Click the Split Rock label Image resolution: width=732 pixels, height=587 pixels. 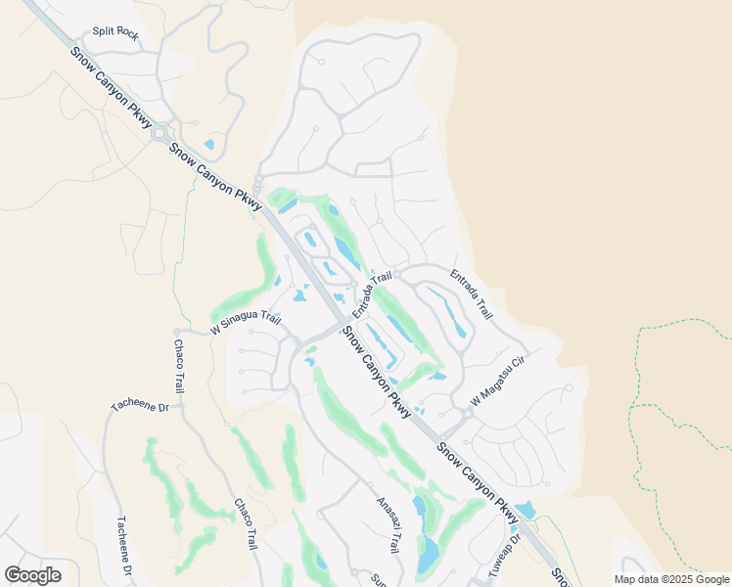115,31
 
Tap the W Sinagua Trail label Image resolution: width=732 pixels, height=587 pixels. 245,320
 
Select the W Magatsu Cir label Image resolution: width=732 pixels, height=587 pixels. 499,382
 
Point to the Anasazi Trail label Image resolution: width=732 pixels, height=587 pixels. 389,526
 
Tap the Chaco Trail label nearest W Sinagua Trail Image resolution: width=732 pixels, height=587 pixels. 179,365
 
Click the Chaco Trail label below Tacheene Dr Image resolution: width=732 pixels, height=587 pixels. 243,523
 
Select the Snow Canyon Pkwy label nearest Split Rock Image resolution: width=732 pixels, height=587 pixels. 112,86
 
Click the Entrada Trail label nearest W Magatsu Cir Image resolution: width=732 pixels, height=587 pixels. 471,293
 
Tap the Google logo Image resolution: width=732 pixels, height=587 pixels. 32,575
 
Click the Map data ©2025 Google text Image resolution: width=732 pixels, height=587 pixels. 671,579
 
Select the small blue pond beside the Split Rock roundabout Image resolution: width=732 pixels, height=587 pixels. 208,145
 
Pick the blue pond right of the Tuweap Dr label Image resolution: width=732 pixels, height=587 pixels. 526,510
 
